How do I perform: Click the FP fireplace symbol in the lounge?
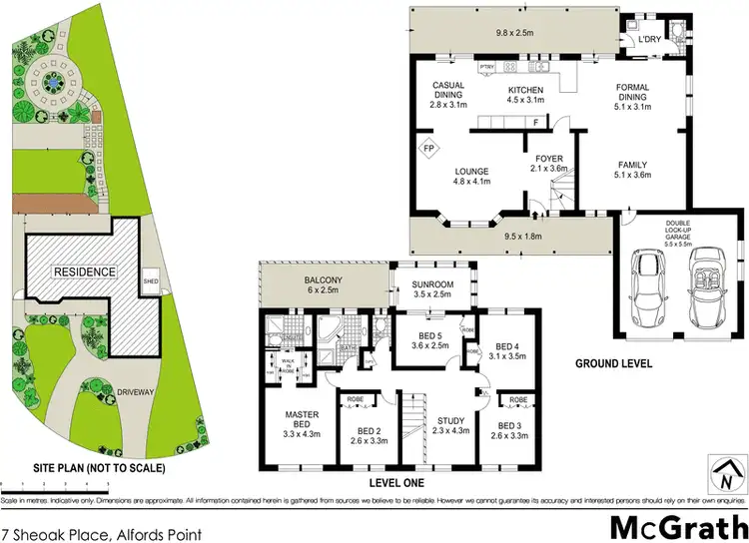[430, 149]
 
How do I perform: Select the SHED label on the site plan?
[151, 277]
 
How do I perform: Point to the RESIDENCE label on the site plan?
[85, 271]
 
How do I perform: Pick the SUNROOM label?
[433, 284]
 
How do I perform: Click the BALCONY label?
[324, 279]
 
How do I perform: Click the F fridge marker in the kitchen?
[535, 123]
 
